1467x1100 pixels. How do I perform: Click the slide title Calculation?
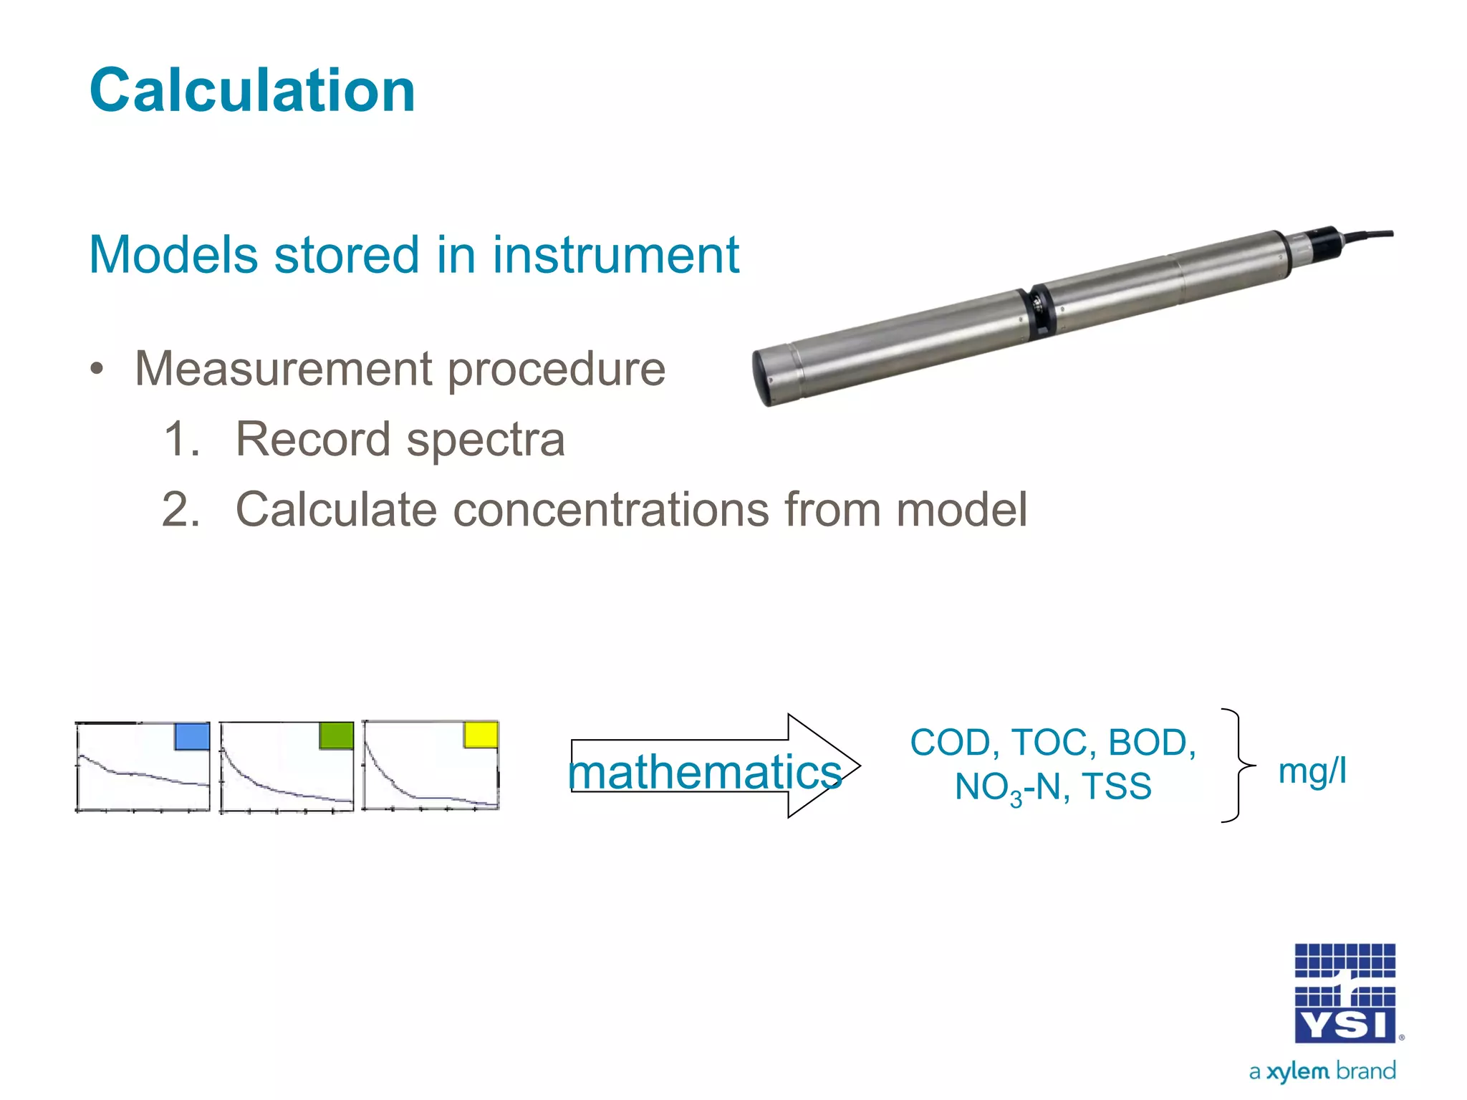(x=252, y=91)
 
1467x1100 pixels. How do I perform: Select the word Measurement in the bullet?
(x=284, y=370)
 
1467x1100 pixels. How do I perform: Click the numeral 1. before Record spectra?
(x=181, y=439)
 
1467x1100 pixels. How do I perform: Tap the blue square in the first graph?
(x=192, y=736)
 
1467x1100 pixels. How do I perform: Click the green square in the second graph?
(x=336, y=735)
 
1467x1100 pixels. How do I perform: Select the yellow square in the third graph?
(x=481, y=735)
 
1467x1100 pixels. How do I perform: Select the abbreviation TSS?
(x=1117, y=786)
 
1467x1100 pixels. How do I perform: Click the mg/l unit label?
(x=1312, y=772)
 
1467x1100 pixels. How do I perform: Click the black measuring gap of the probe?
(x=1039, y=311)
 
